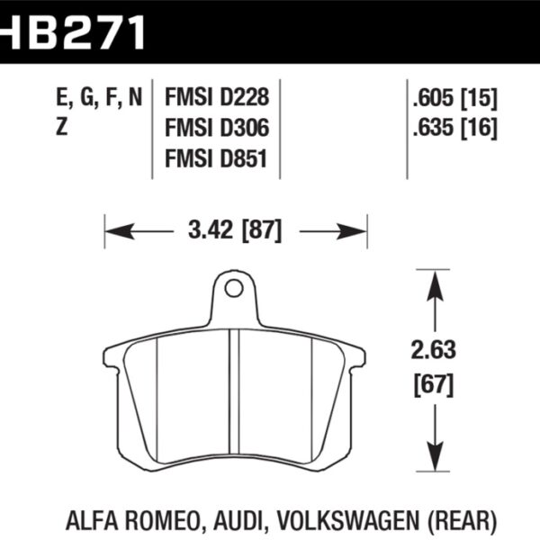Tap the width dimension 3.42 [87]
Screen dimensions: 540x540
click(236, 231)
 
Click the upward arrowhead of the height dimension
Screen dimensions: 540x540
click(436, 279)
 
